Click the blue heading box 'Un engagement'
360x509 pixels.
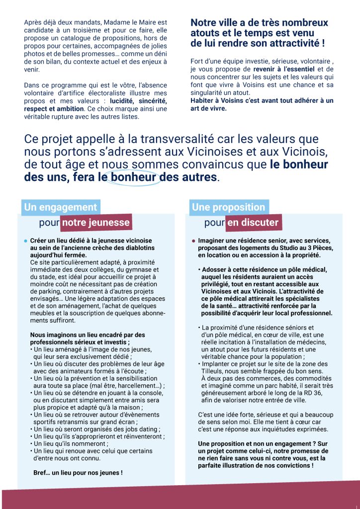[61, 207]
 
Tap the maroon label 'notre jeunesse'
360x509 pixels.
[96, 222]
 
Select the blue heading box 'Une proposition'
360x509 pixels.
[229, 207]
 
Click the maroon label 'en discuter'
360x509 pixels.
[253, 222]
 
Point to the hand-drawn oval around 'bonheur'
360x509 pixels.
[134, 177]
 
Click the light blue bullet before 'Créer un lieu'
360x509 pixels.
[25, 241]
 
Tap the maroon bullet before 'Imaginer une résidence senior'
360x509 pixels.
[193, 241]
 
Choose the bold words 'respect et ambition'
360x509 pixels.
[56, 108]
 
